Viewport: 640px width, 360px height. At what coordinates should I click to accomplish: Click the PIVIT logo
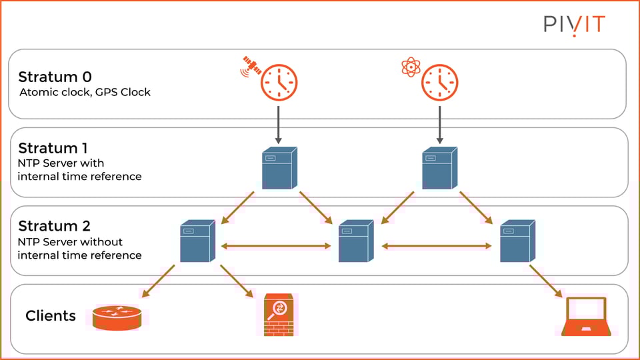[574, 25]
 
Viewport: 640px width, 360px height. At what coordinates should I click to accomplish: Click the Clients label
[51, 315]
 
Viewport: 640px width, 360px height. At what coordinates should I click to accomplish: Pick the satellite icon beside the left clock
[250, 65]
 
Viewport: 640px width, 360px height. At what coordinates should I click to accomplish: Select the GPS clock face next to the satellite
[279, 83]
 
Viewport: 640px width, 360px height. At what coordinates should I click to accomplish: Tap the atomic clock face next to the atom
[440, 83]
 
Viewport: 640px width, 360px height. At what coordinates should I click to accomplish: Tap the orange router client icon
[117, 317]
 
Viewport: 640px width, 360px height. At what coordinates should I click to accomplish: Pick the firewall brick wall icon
[279, 315]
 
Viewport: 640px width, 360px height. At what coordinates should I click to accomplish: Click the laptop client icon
[585, 316]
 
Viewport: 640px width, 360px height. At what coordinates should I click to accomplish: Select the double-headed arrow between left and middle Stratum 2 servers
[276, 246]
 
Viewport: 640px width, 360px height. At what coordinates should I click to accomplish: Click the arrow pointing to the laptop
[545, 281]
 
